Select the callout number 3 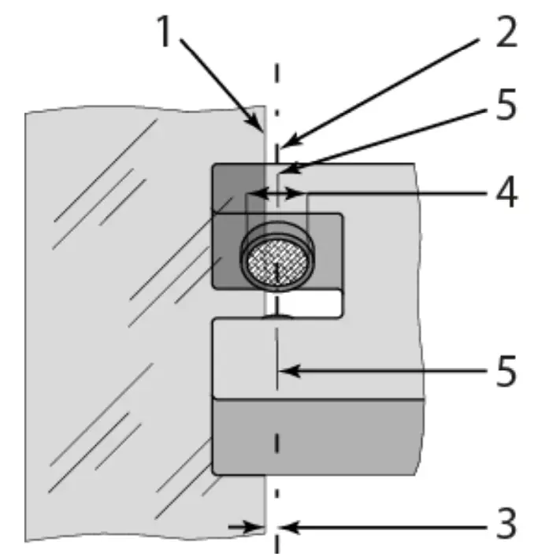click(501, 522)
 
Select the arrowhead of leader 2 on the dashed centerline click(283, 143)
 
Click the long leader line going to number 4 click(394, 191)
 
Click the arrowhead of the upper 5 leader click(284, 168)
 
